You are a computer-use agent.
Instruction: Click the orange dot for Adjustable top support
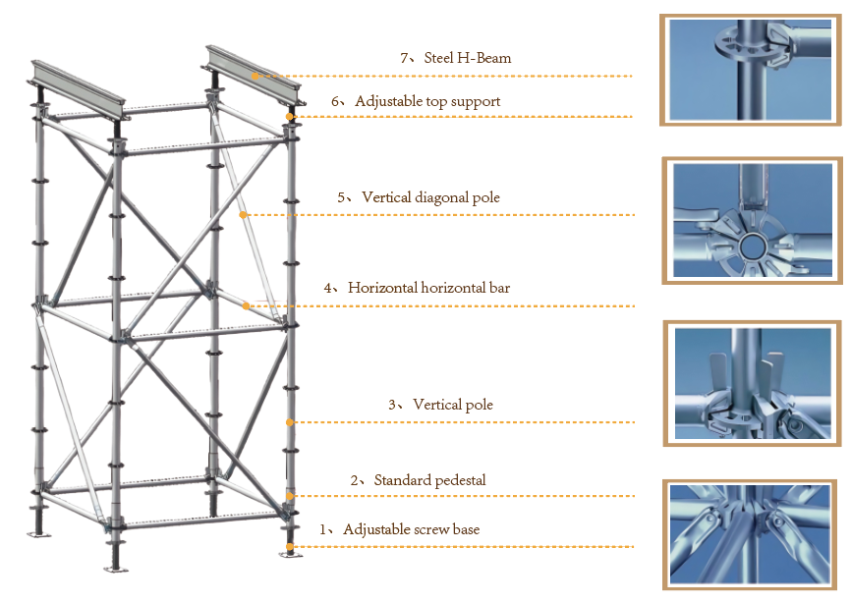(x=290, y=117)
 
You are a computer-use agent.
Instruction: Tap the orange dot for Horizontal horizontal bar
(x=246, y=305)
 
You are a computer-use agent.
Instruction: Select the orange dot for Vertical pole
(x=290, y=422)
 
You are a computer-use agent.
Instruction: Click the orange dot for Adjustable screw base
(x=289, y=546)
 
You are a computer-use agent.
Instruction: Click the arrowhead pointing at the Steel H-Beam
(x=255, y=75)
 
